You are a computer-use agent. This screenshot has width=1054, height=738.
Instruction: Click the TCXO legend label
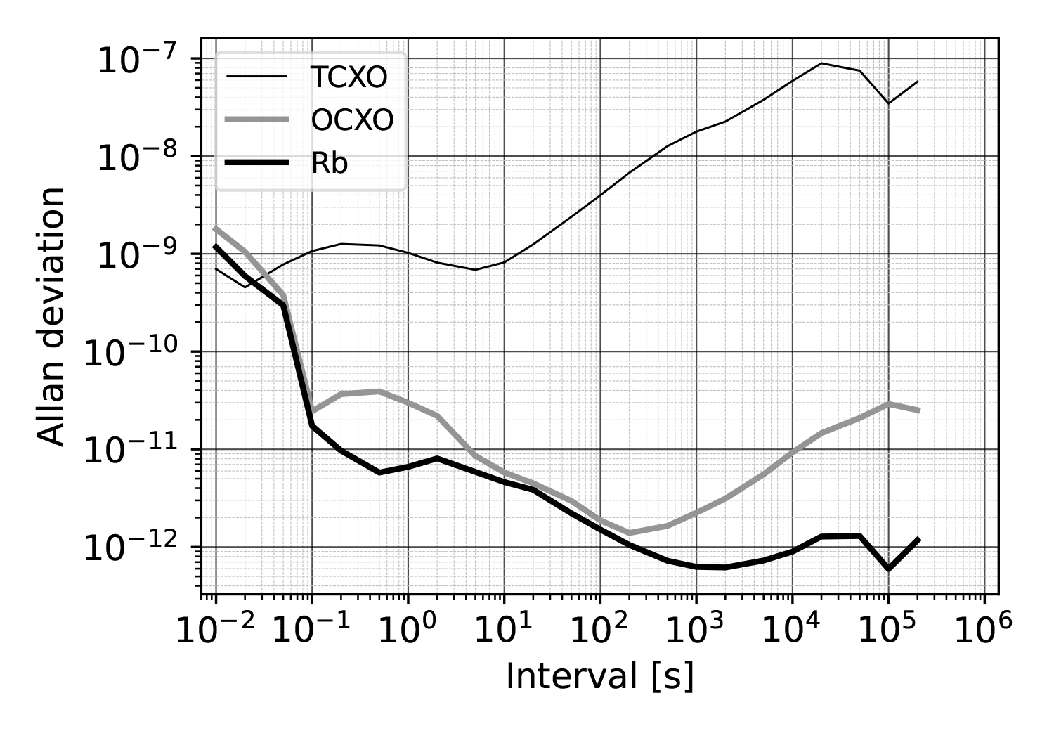tap(349, 78)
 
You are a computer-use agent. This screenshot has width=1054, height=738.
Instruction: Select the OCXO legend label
tap(351, 121)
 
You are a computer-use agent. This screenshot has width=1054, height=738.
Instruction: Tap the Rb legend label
tap(330, 164)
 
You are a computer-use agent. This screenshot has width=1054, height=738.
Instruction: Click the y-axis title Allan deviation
tap(53, 316)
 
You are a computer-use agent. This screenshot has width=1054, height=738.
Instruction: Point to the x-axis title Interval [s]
tap(599, 677)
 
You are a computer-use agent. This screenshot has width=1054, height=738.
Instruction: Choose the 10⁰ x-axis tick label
tap(408, 630)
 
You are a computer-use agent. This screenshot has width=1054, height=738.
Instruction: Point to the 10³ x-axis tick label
tap(696, 630)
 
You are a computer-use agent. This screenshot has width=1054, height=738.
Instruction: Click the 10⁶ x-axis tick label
tap(984, 630)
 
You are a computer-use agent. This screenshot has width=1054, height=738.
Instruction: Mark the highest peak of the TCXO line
tap(821, 63)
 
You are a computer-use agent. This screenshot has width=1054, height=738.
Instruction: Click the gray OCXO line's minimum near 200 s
tap(629, 533)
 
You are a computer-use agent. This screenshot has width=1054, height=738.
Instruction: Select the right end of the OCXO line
tap(918, 410)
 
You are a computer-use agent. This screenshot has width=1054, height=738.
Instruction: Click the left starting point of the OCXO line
tap(216, 228)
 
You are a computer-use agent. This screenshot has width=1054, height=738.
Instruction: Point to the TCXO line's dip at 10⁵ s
tap(888, 103)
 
